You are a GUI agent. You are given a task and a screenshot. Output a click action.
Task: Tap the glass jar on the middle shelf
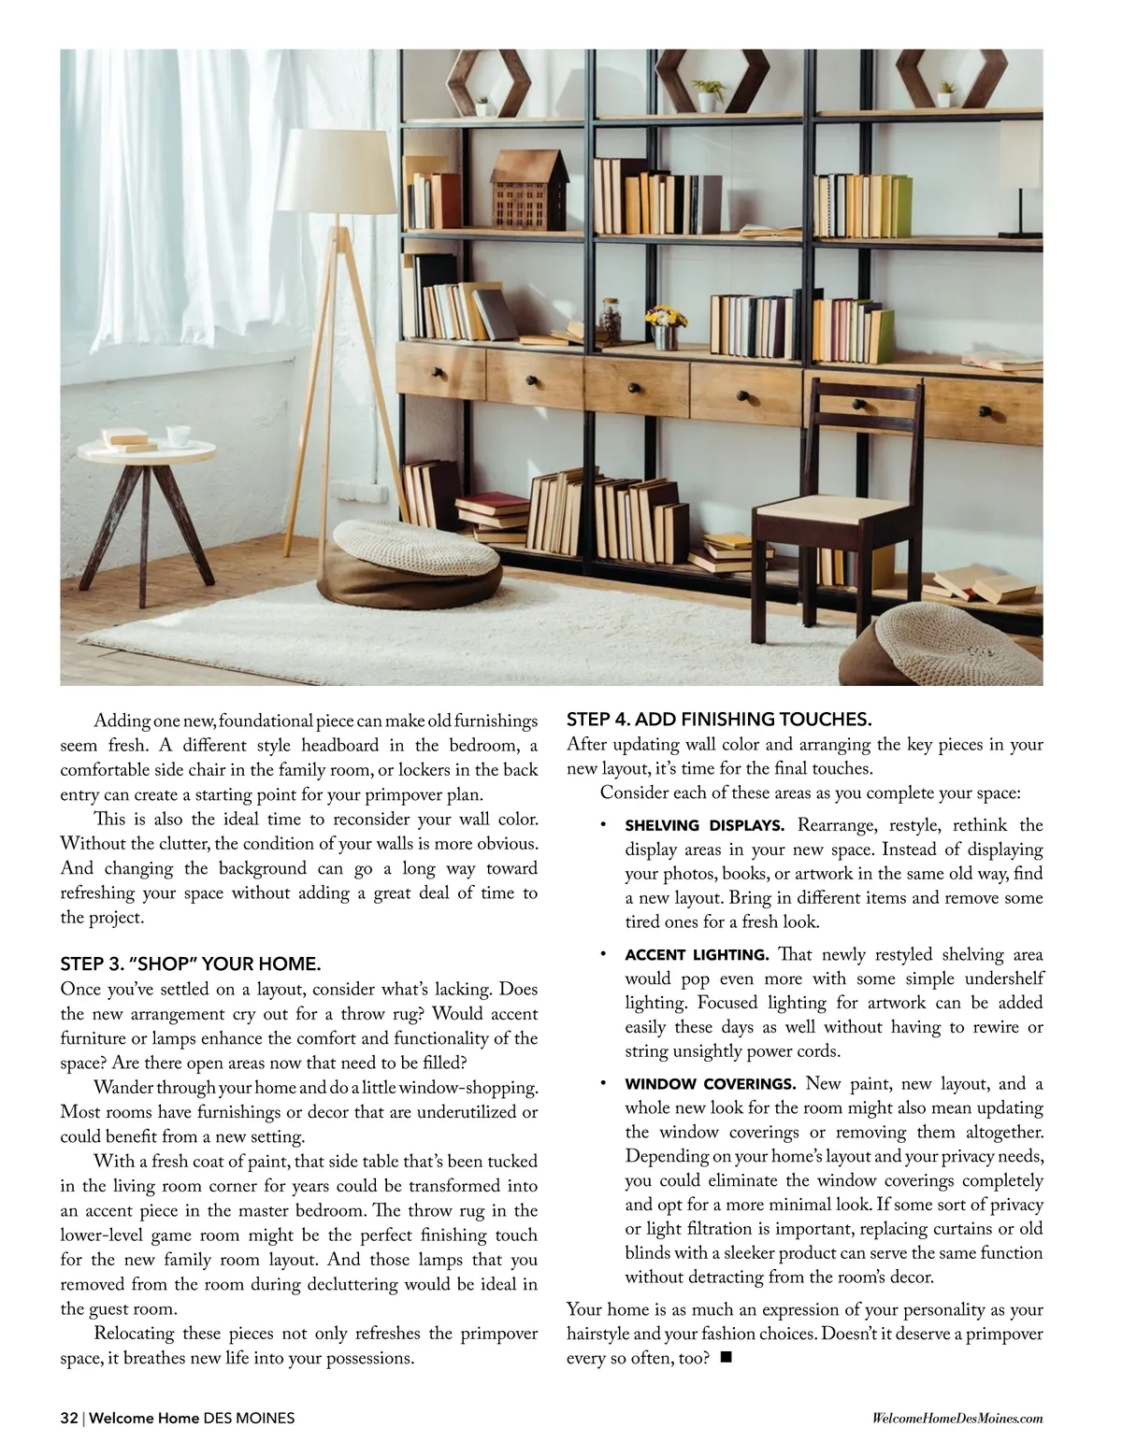pyautogui.click(x=611, y=319)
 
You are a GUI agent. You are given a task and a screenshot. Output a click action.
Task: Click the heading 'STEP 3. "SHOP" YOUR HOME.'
pyautogui.click(x=191, y=964)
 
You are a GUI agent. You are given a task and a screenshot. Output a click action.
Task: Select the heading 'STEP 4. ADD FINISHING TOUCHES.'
pyautogui.click(x=719, y=719)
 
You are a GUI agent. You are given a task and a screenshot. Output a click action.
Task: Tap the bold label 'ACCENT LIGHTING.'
pyautogui.click(x=697, y=955)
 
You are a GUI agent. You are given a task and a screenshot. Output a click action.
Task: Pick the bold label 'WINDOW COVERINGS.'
pyautogui.click(x=710, y=1084)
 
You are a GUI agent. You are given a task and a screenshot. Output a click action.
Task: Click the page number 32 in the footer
pyautogui.click(x=69, y=1418)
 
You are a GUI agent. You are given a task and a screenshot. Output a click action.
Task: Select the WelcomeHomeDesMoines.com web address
pyautogui.click(x=957, y=1419)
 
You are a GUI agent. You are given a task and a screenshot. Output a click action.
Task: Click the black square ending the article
pyautogui.click(x=726, y=1358)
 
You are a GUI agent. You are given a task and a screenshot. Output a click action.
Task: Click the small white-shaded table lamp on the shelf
pyautogui.click(x=1027, y=187)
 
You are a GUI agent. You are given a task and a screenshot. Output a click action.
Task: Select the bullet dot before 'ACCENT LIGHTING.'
pyautogui.click(x=605, y=953)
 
